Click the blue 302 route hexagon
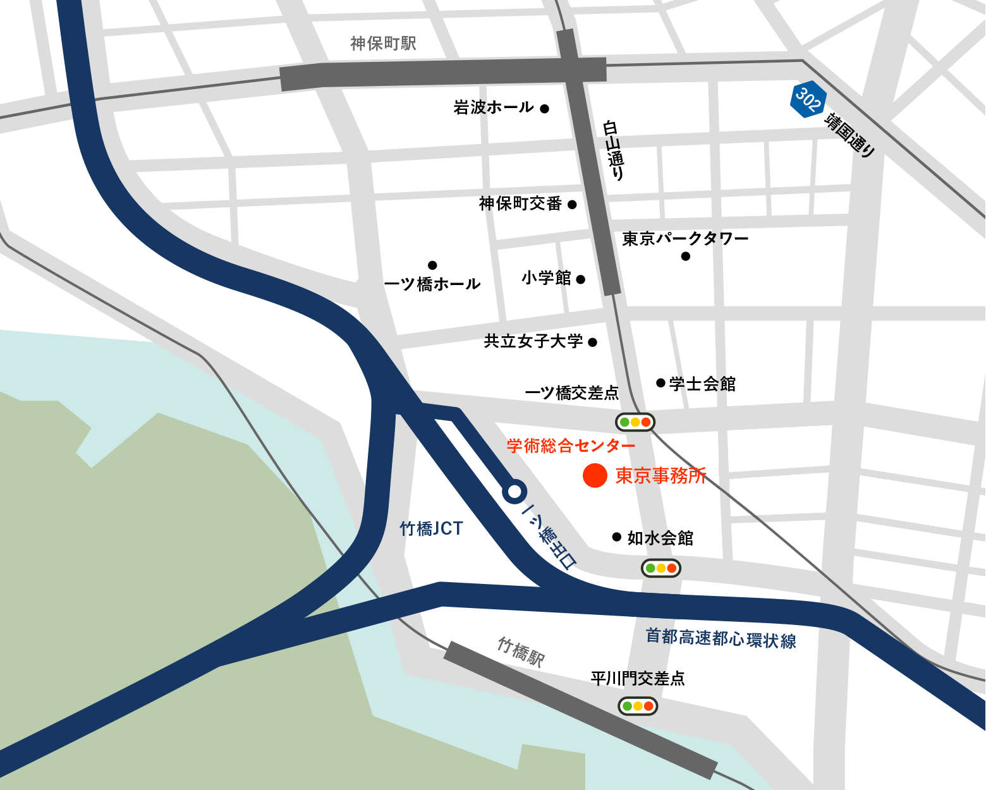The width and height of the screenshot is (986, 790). pos(808,99)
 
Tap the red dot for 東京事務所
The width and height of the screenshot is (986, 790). pos(595,475)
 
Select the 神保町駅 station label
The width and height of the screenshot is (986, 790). pos(383,43)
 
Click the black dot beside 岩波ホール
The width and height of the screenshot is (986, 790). pos(544,109)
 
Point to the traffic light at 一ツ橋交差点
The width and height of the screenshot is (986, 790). pos(635,422)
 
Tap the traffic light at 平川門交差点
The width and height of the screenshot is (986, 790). pos(638,706)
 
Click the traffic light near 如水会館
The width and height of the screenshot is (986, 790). pos(661,568)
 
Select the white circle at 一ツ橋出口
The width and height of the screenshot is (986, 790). pos(514,491)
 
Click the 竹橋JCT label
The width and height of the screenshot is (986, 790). pos(431,528)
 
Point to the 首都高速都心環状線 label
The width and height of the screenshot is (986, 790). pos(721,638)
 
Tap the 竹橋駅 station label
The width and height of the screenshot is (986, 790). pos(521,652)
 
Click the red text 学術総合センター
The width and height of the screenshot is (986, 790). pos(571,446)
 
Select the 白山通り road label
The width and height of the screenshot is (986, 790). pos(614,150)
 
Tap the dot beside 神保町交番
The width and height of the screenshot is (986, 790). pos(572,205)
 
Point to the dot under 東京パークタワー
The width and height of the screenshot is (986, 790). pos(686,256)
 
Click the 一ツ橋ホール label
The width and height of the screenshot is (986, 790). pos(432,284)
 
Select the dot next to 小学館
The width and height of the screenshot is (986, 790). pos(581,279)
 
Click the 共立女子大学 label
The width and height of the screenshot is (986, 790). pos(533,341)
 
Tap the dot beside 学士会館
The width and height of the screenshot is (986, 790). pos(660,383)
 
